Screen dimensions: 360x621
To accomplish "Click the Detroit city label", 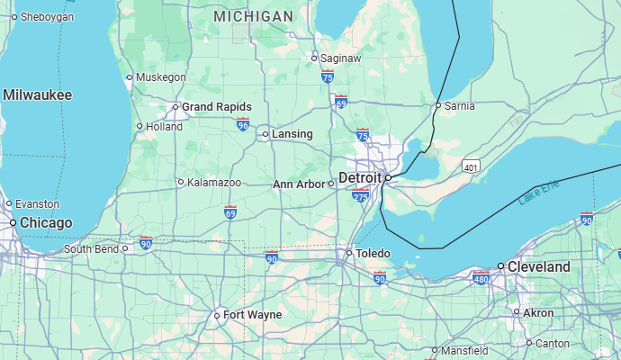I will (x=360, y=178).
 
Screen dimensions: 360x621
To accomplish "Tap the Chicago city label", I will (x=46, y=222).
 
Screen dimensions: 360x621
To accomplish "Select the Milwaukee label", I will (x=37, y=94).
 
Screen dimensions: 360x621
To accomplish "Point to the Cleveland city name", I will (x=538, y=267).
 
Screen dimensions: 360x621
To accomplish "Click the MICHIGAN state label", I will (x=253, y=16).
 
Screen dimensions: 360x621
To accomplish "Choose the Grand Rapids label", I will (x=216, y=107).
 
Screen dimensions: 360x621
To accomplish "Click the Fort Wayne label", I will (x=252, y=315).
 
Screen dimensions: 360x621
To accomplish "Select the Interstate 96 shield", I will (x=243, y=124).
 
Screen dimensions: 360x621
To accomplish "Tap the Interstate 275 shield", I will (x=361, y=197).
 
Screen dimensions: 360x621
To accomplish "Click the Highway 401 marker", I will (x=471, y=166).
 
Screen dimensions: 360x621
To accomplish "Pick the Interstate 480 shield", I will (x=481, y=278).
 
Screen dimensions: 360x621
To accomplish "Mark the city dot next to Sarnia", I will (x=438, y=105).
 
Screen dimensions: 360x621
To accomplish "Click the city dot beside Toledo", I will (x=349, y=254).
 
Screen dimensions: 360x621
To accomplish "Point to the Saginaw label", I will (x=341, y=58).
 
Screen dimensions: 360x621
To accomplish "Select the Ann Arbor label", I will (x=299, y=184).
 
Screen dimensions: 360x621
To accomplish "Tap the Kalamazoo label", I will (x=214, y=182).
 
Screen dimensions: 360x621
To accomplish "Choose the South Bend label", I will (x=91, y=248).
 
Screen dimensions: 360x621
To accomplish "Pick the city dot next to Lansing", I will (x=265, y=134).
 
